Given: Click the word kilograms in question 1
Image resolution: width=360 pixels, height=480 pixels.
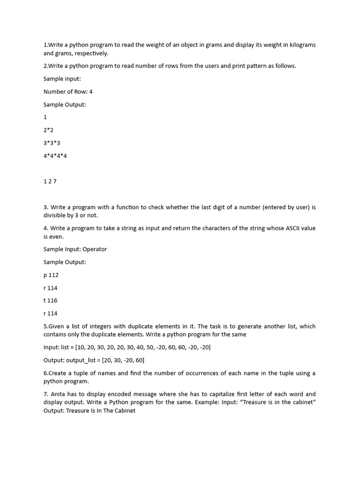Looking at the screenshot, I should pyautogui.click(x=301, y=45).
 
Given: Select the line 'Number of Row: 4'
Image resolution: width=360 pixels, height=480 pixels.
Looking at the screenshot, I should pyautogui.click(x=68, y=91).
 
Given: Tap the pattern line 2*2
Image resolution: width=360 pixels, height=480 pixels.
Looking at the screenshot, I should pyautogui.click(x=49, y=130).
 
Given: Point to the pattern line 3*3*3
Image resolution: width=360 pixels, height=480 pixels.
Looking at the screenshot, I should pyautogui.click(x=52, y=142).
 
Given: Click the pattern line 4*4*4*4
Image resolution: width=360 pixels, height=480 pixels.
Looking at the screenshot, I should pyautogui.click(x=55, y=156).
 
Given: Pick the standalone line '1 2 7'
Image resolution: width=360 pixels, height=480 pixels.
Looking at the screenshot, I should pyautogui.click(x=50, y=181).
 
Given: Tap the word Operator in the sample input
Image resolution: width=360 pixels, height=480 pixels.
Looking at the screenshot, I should pyautogui.click(x=95, y=249).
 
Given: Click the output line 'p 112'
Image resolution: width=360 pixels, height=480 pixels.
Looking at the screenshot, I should pyautogui.click(x=51, y=275).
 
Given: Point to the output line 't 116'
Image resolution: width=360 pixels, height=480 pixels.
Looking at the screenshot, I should pyautogui.click(x=51, y=300).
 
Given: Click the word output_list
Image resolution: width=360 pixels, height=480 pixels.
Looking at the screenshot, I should pyautogui.click(x=82, y=360).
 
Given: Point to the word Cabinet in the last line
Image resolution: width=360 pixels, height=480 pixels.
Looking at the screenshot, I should pyautogui.click(x=124, y=411).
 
